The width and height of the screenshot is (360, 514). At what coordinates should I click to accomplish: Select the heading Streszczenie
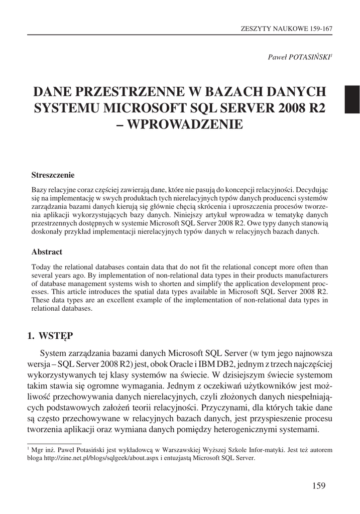tap(53, 175)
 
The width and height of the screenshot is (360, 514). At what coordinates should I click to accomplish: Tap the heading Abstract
tap(47, 252)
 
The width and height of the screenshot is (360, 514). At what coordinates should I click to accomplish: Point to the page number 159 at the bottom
tap(319, 485)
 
